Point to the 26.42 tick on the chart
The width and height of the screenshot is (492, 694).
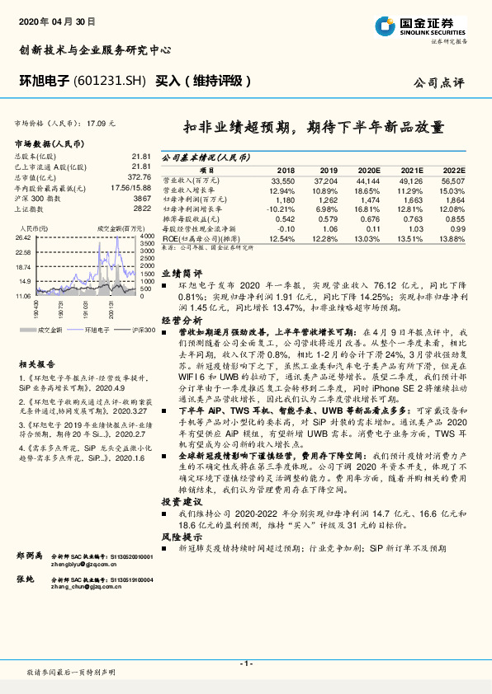22,237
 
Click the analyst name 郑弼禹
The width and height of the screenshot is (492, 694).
31,558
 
